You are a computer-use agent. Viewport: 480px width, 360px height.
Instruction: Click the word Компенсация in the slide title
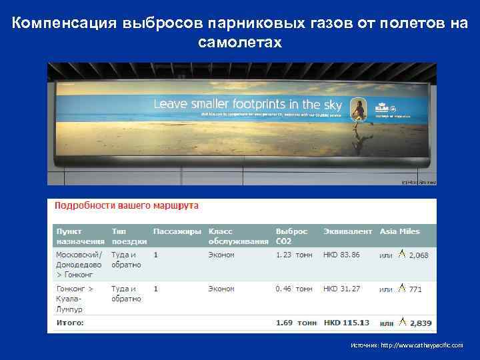(x=65, y=24)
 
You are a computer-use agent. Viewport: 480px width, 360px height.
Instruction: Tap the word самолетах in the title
(x=240, y=43)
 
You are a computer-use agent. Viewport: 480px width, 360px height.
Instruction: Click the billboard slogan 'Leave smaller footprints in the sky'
(x=247, y=105)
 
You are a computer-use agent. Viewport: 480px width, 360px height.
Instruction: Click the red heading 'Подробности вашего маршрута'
(x=126, y=206)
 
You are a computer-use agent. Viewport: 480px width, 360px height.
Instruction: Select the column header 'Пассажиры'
(x=177, y=231)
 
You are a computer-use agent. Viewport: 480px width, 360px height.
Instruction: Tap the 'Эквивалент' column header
(x=347, y=231)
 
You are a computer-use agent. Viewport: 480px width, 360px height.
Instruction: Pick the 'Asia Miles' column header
(x=399, y=231)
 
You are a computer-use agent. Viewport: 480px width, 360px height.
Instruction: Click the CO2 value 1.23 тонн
(x=293, y=255)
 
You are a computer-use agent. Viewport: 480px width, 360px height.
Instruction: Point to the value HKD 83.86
(x=341, y=255)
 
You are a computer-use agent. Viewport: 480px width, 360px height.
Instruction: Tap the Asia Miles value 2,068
(x=418, y=255)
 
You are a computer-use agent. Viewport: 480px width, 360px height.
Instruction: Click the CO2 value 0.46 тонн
(x=293, y=289)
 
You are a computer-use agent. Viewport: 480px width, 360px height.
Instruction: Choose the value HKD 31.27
(x=341, y=289)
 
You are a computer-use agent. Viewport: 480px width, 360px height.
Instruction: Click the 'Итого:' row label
(x=70, y=323)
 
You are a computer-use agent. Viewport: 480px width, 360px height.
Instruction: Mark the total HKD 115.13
(x=345, y=323)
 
